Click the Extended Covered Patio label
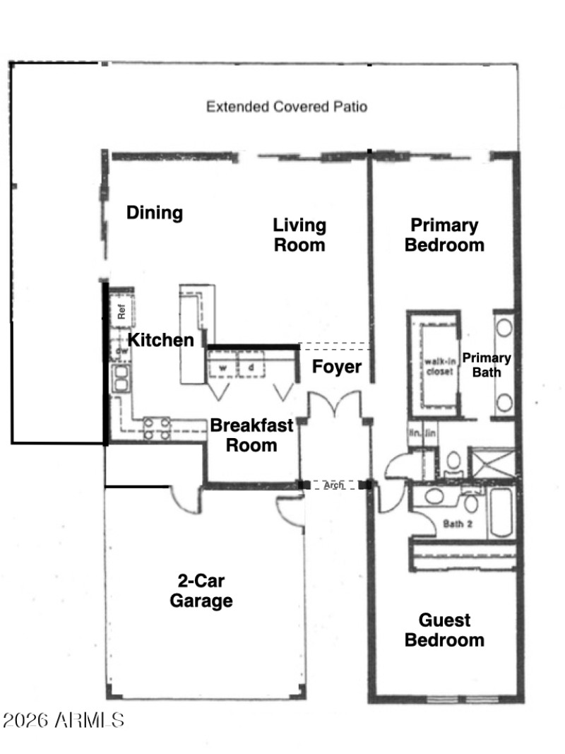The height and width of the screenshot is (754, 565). [286, 107]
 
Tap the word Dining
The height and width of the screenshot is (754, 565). [155, 213]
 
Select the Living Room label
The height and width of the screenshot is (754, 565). [299, 235]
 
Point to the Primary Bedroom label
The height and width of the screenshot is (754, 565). [444, 235]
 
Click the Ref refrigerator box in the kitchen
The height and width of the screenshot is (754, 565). [121, 310]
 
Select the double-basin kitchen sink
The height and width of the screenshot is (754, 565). [121, 379]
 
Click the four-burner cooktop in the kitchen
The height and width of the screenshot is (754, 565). [157, 428]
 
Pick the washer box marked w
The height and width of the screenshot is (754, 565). [222, 368]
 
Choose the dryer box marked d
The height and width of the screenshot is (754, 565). [251, 368]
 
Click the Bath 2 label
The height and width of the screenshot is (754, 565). [456, 524]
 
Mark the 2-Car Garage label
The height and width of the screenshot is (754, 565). [205, 591]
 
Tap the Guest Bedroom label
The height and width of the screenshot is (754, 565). [444, 630]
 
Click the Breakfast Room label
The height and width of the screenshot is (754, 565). [244, 435]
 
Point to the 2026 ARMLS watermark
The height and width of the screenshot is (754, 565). [64, 721]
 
